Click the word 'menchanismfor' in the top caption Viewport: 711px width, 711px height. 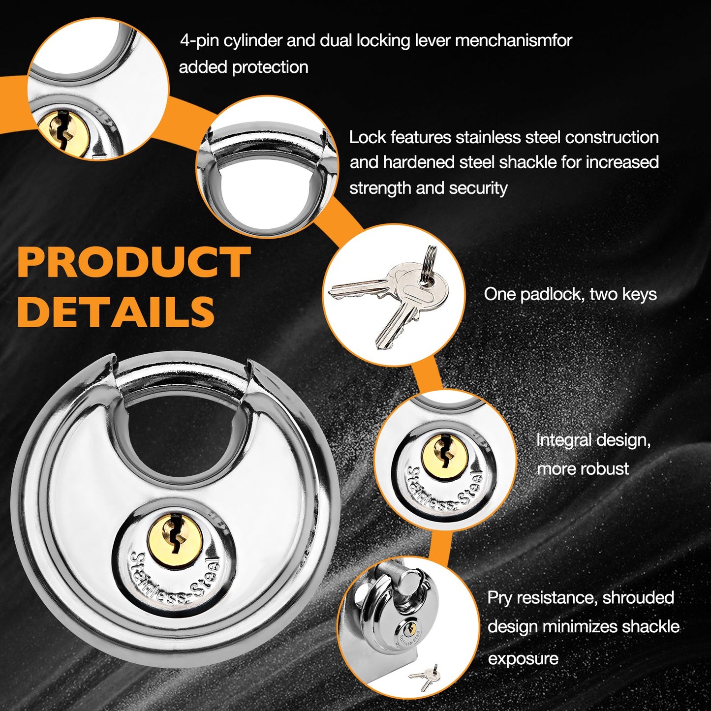pos(514,40)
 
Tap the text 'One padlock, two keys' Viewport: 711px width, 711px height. pos(570,294)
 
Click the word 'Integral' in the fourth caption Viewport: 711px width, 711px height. pos(563,440)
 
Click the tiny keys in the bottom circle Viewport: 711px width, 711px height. pos(425,677)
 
